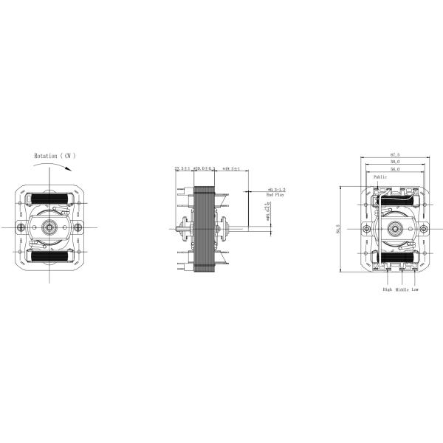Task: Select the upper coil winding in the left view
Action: click(49, 199)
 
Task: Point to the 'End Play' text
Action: click(275, 195)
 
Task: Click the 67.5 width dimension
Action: click(395, 154)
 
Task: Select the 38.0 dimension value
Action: click(395, 162)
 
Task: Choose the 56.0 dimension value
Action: click(395, 169)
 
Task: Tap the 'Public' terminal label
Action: click(380, 177)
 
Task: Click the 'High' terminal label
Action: click(387, 290)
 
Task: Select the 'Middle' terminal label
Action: click(402, 290)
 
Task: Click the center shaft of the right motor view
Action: click(395, 228)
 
